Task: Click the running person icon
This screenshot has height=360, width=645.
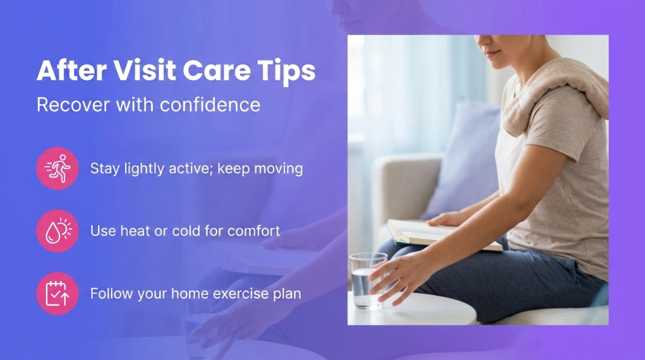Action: pyautogui.click(x=57, y=168)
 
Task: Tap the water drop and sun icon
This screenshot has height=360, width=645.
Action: pyautogui.click(x=57, y=230)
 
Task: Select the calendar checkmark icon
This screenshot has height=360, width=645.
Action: pyautogui.click(x=57, y=293)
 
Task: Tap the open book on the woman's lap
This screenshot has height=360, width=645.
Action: pyautogui.click(x=439, y=234)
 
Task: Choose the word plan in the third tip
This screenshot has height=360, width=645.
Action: pyautogui.click(x=287, y=294)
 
